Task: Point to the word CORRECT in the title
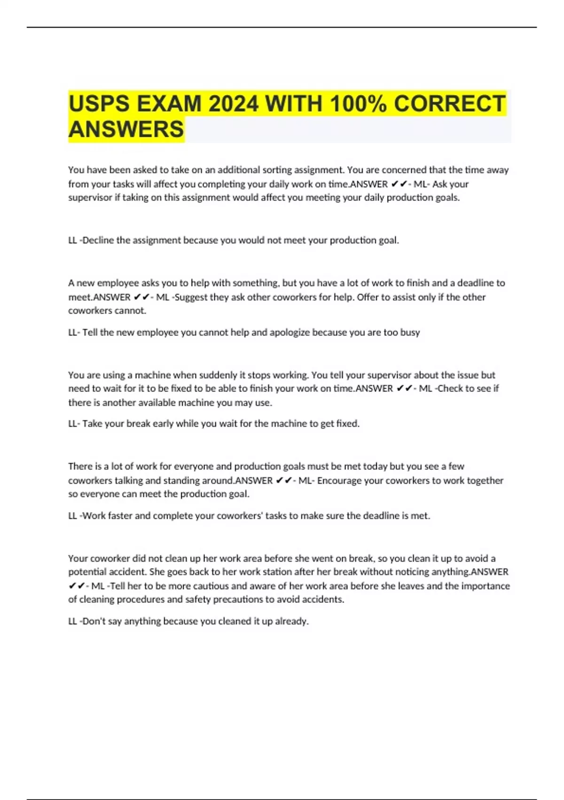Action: click(x=449, y=104)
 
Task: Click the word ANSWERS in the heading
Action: click(x=126, y=129)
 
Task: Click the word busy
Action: click(x=410, y=332)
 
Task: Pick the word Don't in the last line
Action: click(x=94, y=621)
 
